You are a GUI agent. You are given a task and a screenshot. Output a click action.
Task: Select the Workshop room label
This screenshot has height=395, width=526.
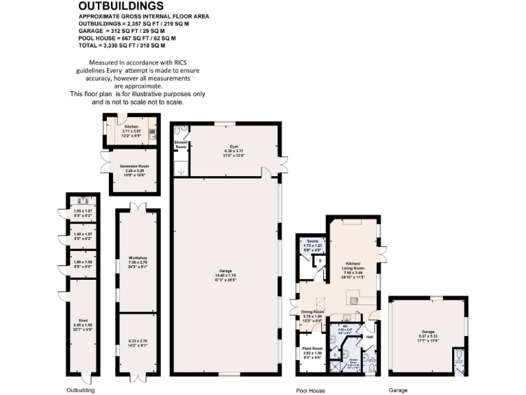click(138, 257)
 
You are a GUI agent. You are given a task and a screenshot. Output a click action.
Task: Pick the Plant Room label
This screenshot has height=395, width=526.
click(312, 349)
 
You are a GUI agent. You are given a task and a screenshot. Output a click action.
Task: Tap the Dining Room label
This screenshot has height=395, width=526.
click(312, 312)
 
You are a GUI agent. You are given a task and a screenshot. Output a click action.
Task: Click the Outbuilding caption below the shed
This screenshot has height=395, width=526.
click(80, 390)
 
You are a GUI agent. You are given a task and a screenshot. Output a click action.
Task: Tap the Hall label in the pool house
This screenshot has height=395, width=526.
click(369, 337)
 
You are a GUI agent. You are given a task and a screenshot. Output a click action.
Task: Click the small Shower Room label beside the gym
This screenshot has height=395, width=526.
click(181, 145)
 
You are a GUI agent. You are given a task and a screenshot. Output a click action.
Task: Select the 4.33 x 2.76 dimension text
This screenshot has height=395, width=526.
click(138, 341)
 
